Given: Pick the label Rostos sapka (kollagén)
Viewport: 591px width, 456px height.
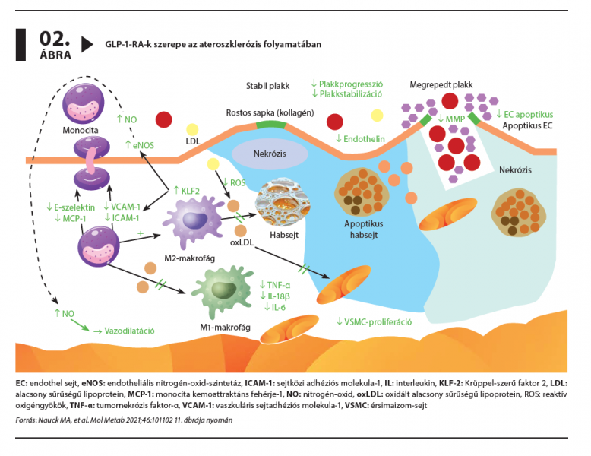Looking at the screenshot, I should coord(270,112).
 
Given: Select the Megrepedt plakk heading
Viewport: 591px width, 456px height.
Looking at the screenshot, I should coord(441,86).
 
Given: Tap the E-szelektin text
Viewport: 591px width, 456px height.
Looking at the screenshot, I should coord(71,207).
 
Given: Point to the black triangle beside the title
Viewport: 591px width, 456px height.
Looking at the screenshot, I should coord(87,44).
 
